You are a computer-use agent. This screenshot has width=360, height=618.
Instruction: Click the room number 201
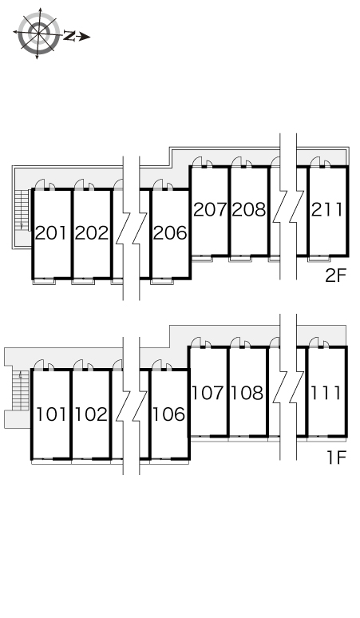tap(51, 233)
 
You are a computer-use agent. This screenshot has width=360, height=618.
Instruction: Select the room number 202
tap(91, 233)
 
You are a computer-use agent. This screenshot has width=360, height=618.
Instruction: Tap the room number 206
tap(170, 233)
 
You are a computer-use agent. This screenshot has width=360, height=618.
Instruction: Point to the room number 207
tap(210, 210)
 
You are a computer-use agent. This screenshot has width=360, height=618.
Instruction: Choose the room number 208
tap(248, 210)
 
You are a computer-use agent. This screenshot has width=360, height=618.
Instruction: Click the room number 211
tap(326, 210)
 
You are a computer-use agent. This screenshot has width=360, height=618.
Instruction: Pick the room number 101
tap(51, 414)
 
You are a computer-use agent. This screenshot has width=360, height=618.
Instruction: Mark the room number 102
tap(91, 414)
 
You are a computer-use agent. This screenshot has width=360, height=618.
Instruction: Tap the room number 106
tap(168, 414)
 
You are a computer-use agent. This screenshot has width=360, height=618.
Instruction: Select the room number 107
tap(208, 393)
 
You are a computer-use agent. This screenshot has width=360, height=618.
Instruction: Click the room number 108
tap(247, 393)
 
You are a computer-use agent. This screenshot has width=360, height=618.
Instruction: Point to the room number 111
tap(326, 393)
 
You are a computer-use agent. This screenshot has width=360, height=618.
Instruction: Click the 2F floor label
tap(335, 276)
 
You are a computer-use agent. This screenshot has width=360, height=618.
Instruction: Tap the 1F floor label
tap(336, 458)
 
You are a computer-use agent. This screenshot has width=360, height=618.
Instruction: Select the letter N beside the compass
tap(69, 36)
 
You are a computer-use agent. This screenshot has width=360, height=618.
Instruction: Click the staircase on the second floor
tap(22, 210)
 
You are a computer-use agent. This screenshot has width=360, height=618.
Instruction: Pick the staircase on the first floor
tap(21, 390)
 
